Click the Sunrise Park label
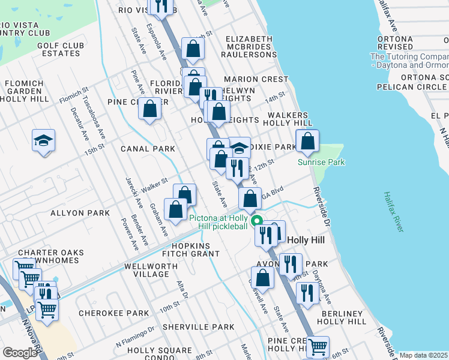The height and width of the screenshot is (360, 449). click(x=321, y=162)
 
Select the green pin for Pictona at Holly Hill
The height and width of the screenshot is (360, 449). click(x=258, y=220)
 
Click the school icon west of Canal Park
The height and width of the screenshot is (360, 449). click(x=44, y=141)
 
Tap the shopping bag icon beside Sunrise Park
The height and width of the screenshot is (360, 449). click(x=307, y=142)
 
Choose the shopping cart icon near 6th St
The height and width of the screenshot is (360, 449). click(x=318, y=347)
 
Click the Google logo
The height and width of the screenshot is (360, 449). click(x=20, y=353)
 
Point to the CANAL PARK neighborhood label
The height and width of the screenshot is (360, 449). click(x=148, y=149)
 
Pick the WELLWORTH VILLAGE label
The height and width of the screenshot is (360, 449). click(x=147, y=270)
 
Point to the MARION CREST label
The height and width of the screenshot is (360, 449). click(x=256, y=79)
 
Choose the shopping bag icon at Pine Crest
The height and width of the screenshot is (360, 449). click(x=150, y=109)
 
